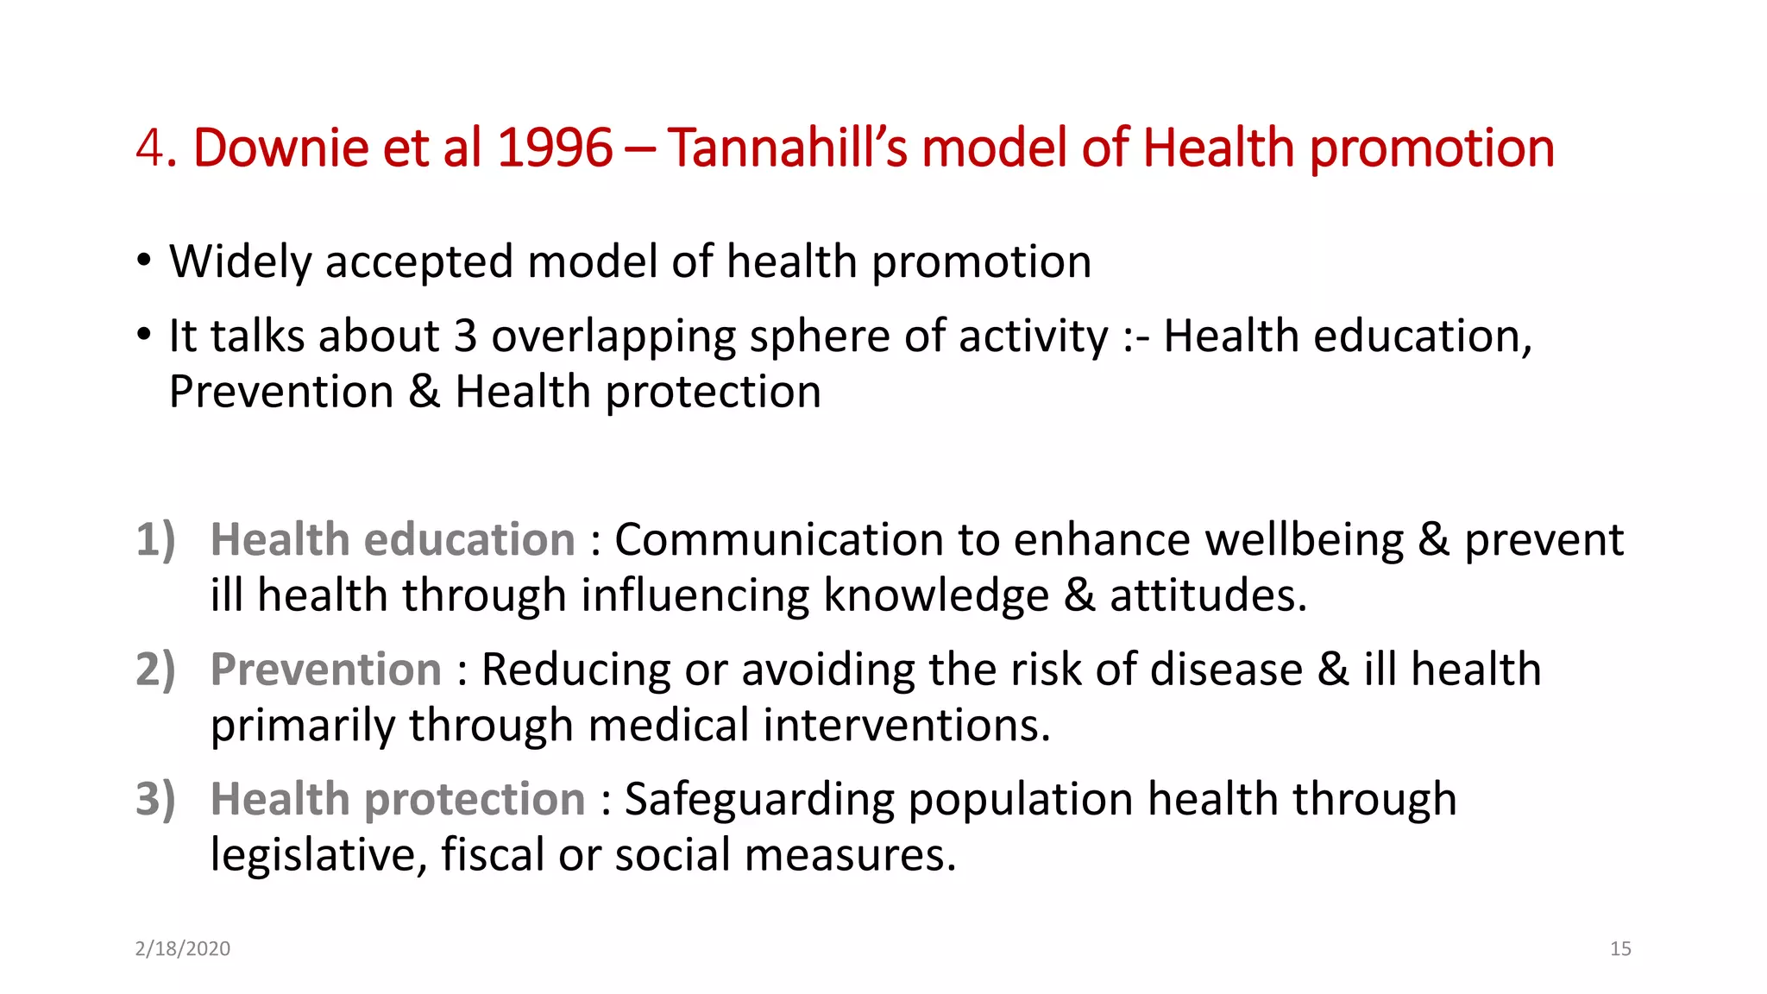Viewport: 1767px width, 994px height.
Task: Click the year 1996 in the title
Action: point(555,148)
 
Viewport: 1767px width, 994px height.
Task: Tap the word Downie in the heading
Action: point(281,148)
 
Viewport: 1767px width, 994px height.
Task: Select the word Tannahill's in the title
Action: point(787,148)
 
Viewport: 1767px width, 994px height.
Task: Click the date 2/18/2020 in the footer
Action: point(183,948)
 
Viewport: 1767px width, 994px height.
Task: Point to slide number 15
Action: point(1620,948)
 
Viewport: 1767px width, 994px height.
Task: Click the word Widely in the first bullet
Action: point(240,261)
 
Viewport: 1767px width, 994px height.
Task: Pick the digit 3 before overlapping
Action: point(465,336)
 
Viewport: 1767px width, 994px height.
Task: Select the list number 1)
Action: point(156,540)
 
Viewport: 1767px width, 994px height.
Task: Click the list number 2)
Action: point(156,670)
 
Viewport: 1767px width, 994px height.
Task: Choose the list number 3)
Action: point(156,799)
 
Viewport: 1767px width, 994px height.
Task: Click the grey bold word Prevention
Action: point(326,670)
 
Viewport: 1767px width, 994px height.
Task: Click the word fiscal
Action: point(492,855)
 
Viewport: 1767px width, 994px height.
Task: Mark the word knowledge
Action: point(936,596)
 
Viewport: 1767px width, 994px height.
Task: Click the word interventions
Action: point(906,726)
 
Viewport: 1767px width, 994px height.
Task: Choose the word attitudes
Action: point(1208,596)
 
